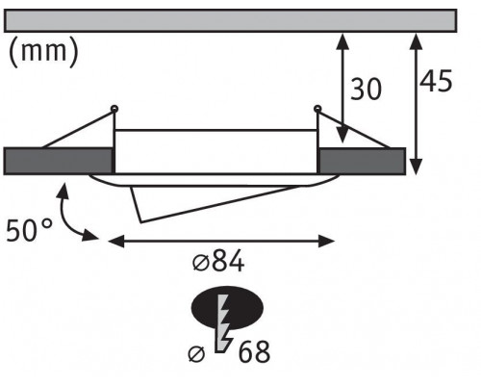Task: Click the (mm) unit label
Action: [x=43, y=51]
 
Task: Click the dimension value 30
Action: [x=366, y=89]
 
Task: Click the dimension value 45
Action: [x=436, y=80]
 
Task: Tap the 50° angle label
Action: [x=29, y=230]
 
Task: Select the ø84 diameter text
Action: [x=218, y=261]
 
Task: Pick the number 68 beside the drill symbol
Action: [x=254, y=352]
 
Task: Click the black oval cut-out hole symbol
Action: [x=227, y=307]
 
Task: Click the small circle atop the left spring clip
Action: [x=114, y=109]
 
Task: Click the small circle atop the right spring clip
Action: [x=317, y=109]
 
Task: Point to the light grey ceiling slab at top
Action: [x=230, y=21]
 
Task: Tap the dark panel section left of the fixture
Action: [x=59, y=161]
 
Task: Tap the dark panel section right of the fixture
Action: [x=362, y=161]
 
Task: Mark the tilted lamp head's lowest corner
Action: [x=140, y=221]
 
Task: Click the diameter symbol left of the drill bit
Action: [x=196, y=354]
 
